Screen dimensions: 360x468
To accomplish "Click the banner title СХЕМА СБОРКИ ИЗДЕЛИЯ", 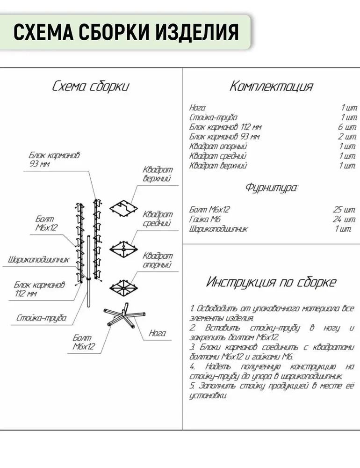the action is point(126,32).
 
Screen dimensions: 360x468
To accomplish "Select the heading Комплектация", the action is point(271,86).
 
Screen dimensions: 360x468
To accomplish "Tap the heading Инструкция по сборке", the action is point(271,282).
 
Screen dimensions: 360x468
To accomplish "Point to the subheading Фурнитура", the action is point(272,188).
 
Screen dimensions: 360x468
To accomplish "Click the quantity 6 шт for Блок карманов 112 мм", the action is point(347,127).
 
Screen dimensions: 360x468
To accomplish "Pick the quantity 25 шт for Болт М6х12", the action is point(344,210).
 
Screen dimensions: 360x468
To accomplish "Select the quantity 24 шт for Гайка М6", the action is point(344,219).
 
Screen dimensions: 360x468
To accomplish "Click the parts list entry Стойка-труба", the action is point(213,117).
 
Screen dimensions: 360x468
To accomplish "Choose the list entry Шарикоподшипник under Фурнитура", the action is point(218,229).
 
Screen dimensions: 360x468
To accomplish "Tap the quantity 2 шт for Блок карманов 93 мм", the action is point(347,137).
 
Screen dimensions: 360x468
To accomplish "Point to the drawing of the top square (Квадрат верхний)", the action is point(123,208).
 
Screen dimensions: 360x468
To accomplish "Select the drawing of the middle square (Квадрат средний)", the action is point(123,249).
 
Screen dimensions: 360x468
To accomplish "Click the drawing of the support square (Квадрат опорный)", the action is point(123,288).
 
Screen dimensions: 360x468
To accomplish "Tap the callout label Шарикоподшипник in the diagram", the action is point(38,260).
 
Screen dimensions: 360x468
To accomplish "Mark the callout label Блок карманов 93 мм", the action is point(54,160).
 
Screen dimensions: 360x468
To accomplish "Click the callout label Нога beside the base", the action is point(157,333).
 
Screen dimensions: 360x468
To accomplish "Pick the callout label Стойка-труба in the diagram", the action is point(41,318).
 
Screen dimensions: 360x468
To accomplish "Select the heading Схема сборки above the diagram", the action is point(91,86).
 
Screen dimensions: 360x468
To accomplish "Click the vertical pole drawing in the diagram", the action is point(88,271).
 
